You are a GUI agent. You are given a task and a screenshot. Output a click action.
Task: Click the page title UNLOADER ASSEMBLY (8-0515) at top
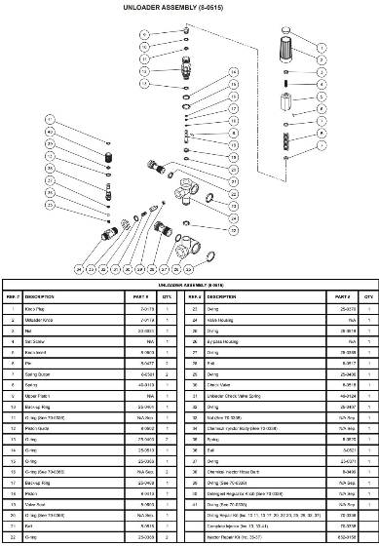(x=189, y=8)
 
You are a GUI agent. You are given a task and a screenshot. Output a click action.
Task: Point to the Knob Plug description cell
(x=40, y=307)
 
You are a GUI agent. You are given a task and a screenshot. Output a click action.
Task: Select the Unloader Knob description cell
(x=44, y=319)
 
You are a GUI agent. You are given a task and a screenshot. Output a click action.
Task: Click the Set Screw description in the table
(x=40, y=342)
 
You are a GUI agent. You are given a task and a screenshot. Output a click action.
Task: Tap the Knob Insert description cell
(x=42, y=354)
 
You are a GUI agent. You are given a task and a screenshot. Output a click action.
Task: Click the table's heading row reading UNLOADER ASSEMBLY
(x=189, y=285)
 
